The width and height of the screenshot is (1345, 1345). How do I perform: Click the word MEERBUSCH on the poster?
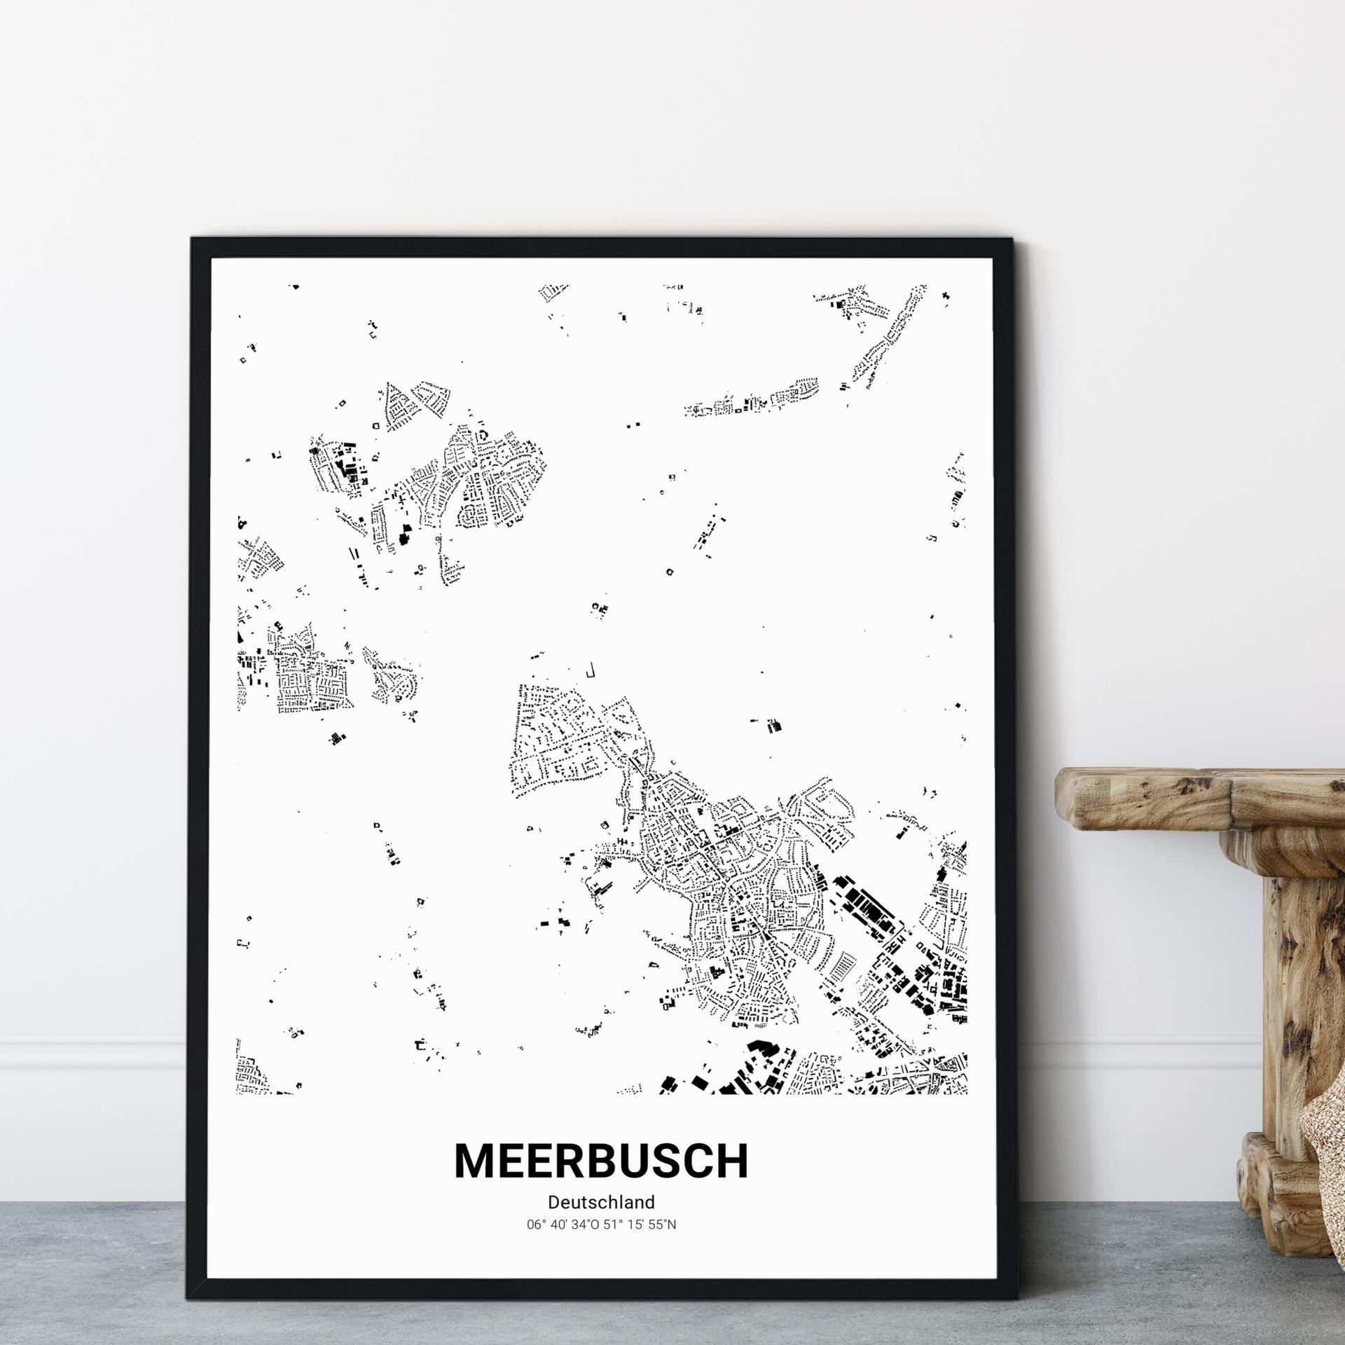point(601,1161)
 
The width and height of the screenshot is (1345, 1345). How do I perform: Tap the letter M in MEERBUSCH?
point(477,1161)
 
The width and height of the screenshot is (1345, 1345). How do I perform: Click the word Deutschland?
point(601,1202)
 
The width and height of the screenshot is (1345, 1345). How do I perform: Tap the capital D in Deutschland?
point(553,1202)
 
